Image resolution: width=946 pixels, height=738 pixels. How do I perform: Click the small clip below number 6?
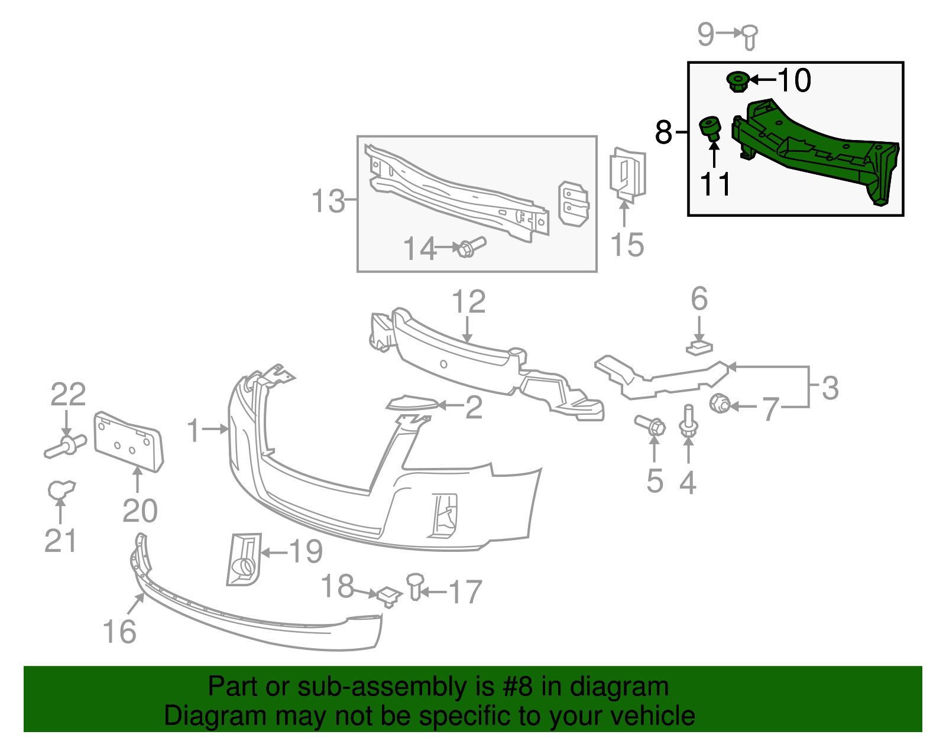point(699,349)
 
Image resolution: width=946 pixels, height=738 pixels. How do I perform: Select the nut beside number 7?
point(720,403)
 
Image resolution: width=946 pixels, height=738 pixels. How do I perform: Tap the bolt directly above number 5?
point(650,425)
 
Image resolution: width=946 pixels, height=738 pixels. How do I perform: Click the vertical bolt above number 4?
point(688,421)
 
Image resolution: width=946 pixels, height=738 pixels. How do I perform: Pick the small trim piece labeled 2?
point(412,403)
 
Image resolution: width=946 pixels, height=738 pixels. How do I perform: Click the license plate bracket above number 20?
point(129,441)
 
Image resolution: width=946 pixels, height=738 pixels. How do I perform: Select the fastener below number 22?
point(65,446)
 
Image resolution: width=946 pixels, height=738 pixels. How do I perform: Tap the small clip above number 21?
point(61,489)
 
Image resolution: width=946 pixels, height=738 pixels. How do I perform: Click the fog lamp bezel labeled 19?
point(245,560)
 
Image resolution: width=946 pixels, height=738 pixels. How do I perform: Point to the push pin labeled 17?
point(415,587)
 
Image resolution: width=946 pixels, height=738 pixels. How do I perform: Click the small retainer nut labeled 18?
point(389,596)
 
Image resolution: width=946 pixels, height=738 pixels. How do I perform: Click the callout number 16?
point(119,632)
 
